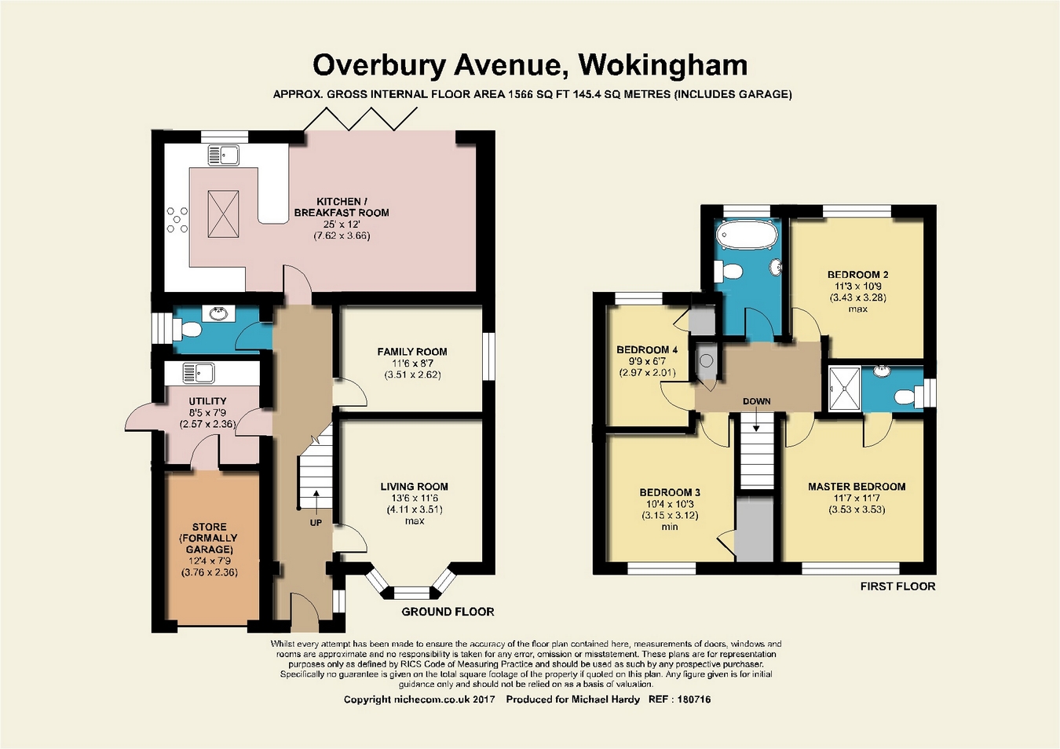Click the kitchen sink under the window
pyautogui.click(x=223, y=155)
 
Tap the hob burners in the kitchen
pyautogui.click(x=177, y=220)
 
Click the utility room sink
pyautogui.click(x=199, y=373)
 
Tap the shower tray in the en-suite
pyautogui.click(x=845, y=388)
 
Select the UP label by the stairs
pyautogui.click(x=316, y=523)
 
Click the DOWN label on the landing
pyautogui.click(x=757, y=401)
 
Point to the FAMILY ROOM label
pyautogui.click(x=412, y=352)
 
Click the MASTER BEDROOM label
pyautogui.click(x=857, y=487)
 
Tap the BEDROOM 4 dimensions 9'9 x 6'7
pyautogui.click(x=647, y=361)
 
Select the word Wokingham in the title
pyautogui.click(x=663, y=65)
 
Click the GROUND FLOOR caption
pyautogui.click(x=448, y=612)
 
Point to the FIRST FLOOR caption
pyautogui.click(x=897, y=586)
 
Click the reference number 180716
pyautogui.click(x=694, y=700)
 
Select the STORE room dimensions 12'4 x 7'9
pyautogui.click(x=209, y=561)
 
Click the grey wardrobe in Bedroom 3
pyautogui.click(x=755, y=529)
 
